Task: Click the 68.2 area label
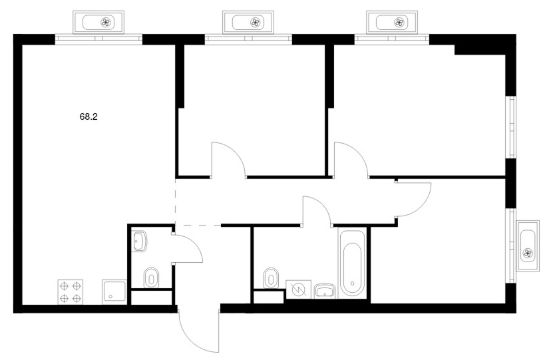click(x=89, y=117)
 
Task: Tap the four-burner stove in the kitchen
click(x=70, y=292)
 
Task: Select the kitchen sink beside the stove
click(x=114, y=292)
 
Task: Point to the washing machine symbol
click(x=299, y=289)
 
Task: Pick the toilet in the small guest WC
click(x=152, y=278)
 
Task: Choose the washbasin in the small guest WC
click(x=140, y=241)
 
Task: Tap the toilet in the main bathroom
click(x=272, y=278)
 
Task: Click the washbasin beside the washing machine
click(x=325, y=291)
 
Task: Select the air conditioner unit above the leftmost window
click(x=98, y=23)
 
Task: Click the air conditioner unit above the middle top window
click(x=248, y=23)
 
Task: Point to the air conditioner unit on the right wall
click(x=528, y=246)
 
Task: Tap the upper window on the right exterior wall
click(x=512, y=127)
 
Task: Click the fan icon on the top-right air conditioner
click(x=399, y=23)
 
